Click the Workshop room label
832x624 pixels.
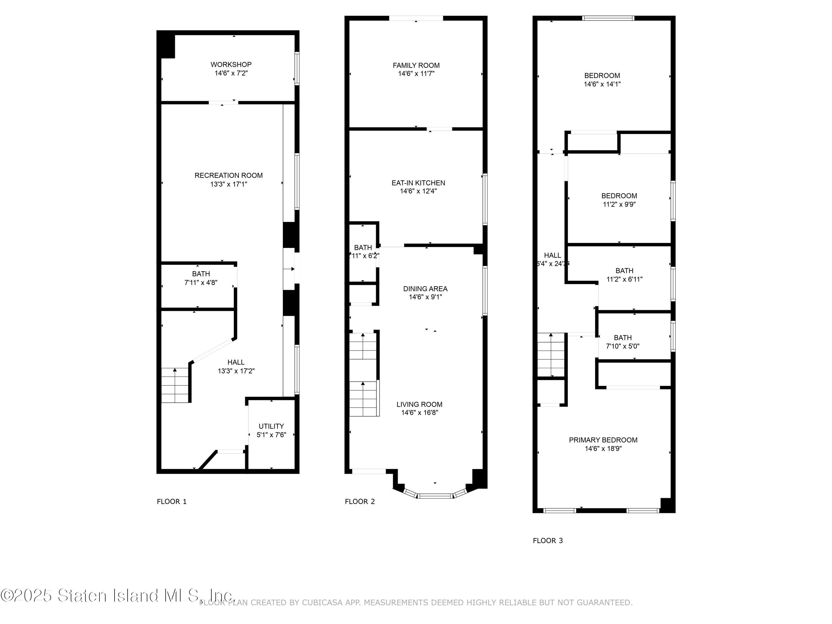231,65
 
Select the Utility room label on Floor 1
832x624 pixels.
271,426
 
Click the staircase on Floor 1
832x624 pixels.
175,385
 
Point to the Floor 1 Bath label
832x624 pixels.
201,274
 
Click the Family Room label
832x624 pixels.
416,65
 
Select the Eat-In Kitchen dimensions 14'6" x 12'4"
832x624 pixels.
418,191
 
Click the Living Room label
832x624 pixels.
419,404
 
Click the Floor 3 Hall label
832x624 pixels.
552,255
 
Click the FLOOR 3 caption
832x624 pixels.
548,541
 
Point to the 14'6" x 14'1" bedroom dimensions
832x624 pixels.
602,85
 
